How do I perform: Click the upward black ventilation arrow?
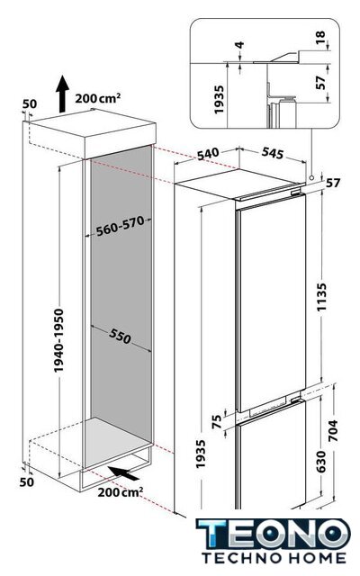[62, 94]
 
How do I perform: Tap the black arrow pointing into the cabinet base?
[123, 472]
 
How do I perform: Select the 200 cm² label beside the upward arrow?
[98, 98]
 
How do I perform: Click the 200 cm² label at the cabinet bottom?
[120, 492]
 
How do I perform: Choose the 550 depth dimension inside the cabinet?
[120, 336]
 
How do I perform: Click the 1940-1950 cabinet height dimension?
[58, 340]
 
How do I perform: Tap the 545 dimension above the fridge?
[273, 153]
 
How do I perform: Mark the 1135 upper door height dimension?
[321, 297]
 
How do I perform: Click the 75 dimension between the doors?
[217, 421]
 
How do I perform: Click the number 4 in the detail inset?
[239, 45]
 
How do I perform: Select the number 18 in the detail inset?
[320, 37]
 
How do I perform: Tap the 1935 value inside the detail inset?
[219, 100]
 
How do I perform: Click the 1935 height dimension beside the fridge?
[200, 454]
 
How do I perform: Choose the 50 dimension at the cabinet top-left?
[30, 104]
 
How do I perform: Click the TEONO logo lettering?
[274, 535]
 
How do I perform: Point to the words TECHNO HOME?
[274, 558]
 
